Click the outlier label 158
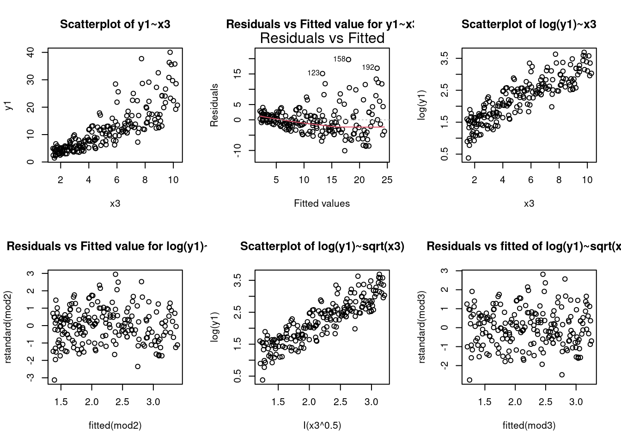tap(339, 59)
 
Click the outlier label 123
tap(313, 73)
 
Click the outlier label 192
tap(368, 68)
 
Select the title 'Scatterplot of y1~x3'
tap(115, 25)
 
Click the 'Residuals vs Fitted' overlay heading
tap(322, 38)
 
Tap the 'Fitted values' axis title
tap(322, 203)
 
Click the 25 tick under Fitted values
tap(387, 179)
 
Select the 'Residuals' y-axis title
tap(214, 105)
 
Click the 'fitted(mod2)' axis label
tap(115, 425)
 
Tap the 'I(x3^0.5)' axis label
tap(322, 425)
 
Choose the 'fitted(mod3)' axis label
tap(529, 425)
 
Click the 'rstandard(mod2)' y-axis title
tap(8, 327)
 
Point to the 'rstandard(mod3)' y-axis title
tap(422, 327)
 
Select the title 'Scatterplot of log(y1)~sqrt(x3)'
tap(322, 247)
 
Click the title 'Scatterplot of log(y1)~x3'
tap(529, 25)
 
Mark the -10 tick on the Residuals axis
tap(237, 150)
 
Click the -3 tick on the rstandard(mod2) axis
tap(30, 377)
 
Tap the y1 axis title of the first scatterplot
tap(8, 106)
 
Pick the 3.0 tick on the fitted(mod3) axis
tap(576, 401)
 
